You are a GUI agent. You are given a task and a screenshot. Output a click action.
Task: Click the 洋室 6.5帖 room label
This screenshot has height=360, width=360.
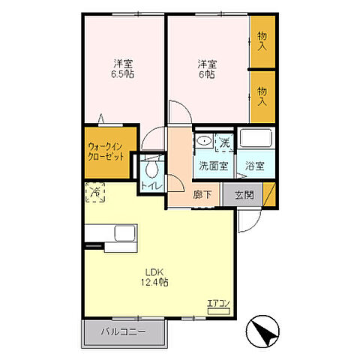[122, 69]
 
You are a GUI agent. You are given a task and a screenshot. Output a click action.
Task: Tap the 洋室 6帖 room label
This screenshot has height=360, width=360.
[207, 69]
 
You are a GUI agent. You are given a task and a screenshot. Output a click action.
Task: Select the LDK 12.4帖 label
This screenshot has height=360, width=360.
[154, 277]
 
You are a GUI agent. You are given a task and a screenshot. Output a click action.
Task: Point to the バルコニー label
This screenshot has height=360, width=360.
[123, 331]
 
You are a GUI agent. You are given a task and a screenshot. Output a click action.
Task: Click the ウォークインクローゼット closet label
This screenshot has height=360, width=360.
[106, 151]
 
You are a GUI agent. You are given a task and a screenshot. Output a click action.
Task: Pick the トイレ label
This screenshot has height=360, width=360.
[152, 186]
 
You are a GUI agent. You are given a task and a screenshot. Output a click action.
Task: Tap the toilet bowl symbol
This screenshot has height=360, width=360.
[152, 168]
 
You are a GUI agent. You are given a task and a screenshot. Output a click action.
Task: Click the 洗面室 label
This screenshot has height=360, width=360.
[214, 166]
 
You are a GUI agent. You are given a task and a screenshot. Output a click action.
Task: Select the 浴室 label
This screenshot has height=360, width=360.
[254, 166]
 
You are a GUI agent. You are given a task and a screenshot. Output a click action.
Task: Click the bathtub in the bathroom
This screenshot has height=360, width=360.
[256, 138]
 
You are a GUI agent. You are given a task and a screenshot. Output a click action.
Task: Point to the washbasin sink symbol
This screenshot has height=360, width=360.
[205, 141]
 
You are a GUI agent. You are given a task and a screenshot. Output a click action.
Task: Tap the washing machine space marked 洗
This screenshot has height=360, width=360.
[225, 142]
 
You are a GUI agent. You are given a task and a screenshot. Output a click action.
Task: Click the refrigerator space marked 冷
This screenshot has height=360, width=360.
[95, 192]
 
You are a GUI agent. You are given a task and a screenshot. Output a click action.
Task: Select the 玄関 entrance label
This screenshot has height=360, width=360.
[244, 195]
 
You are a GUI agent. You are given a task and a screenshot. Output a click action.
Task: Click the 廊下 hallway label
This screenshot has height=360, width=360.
[202, 194]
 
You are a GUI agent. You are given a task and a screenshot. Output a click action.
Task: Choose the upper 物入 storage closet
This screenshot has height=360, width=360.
[263, 41]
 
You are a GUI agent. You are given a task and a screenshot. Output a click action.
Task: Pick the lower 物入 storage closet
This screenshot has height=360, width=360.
[263, 97]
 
